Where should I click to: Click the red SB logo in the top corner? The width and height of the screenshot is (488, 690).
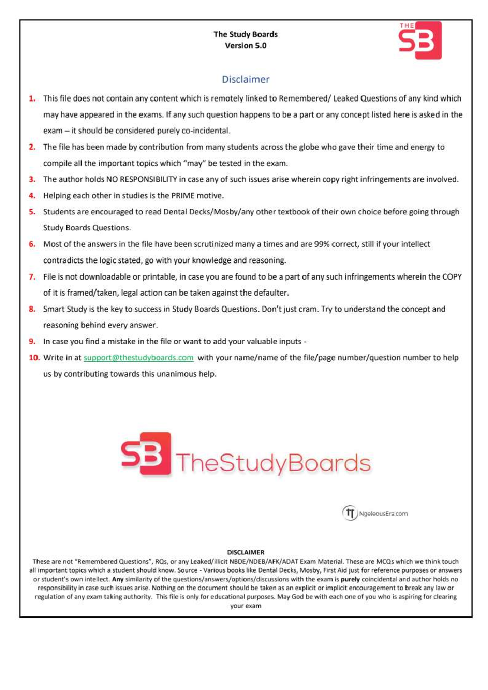coord(420,40)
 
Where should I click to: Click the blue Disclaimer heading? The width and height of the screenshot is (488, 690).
coord(245,79)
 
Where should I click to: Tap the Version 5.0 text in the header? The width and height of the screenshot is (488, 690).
coord(245,46)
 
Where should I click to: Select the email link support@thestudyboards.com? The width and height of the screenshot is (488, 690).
coord(138,358)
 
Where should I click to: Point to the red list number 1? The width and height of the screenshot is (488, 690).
coord(32,98)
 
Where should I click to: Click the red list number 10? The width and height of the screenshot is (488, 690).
coord(34,358)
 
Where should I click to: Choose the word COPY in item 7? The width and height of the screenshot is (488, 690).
coord(452,277)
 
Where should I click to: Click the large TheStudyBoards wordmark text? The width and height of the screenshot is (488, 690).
coord(273,463)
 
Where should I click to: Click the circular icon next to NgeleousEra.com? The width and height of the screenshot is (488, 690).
coord(349,513)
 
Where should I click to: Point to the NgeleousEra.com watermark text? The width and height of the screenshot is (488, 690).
coord(383,513)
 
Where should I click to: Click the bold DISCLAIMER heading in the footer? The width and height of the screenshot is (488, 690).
coord(245,552)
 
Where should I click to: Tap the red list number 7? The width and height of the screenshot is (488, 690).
coord(32,277)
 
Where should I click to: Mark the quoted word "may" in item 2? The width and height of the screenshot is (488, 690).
coord(194,163)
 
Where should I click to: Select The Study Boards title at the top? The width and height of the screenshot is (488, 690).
coord(245,34)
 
